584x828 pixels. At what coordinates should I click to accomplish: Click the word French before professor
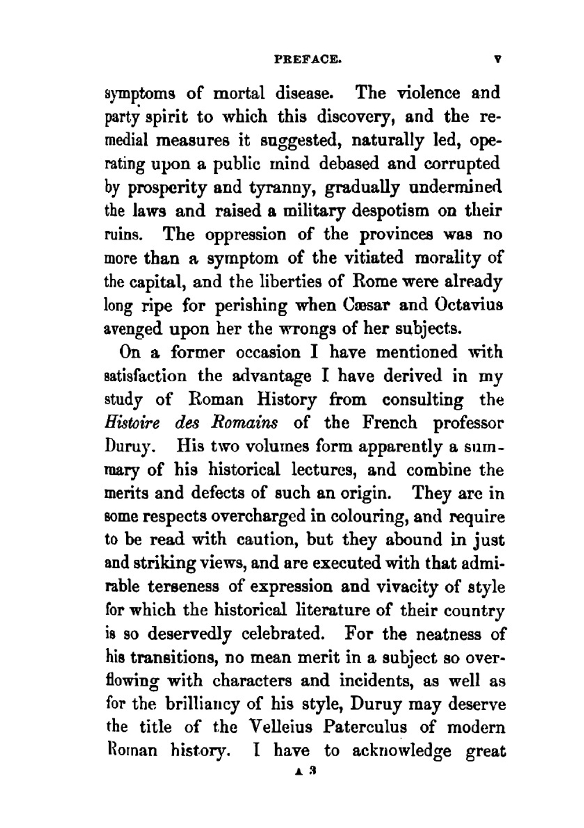(x=390, y=422)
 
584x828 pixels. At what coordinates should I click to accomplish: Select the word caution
(x=256, y=540)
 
